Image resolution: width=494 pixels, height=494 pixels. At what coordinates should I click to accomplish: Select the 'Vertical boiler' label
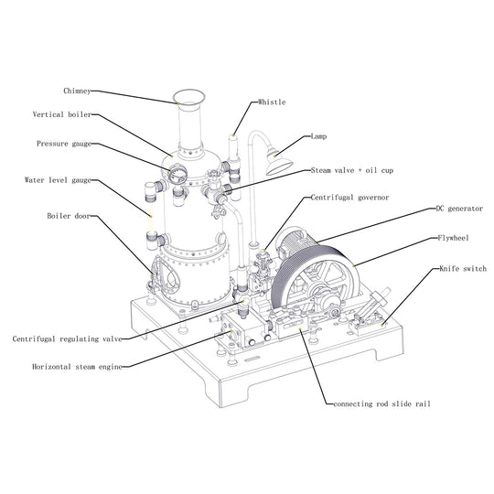(x=61, y=115)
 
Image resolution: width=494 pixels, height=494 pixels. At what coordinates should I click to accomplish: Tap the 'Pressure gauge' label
(x=64, y=144)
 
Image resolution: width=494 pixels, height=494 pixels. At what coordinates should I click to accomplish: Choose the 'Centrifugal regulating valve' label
(x=66, y=338)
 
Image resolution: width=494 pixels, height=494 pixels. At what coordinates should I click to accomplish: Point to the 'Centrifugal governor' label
(x=349, y=197)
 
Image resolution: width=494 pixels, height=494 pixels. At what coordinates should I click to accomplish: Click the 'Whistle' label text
(x=272, y=102)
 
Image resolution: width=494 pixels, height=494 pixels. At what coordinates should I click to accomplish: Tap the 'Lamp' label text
(x=317, y=136)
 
